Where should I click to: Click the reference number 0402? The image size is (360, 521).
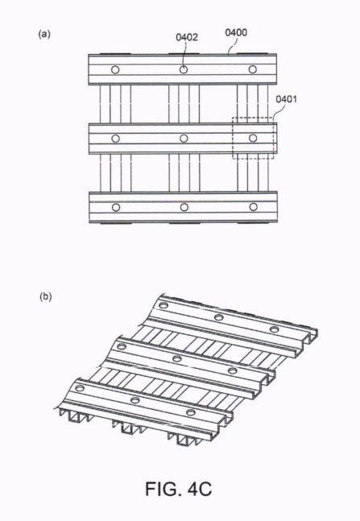[187, 37]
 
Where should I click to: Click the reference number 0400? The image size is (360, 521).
[236, 32]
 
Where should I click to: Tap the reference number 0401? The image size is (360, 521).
[286, 99]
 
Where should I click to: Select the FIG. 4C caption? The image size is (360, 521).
[179, 489]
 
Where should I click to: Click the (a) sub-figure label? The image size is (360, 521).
[44, 34]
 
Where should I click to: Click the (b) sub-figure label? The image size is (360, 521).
[46, 296]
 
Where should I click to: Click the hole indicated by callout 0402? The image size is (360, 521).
[184, 70]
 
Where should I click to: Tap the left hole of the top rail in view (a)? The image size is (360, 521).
[115, 70]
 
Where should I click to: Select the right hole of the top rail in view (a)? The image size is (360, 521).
[253, 69]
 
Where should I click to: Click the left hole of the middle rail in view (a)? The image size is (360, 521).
[115, 139]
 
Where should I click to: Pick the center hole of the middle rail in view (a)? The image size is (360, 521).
[184, 139]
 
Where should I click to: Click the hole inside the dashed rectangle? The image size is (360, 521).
[253, 138]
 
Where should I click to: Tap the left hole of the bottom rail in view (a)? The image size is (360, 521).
[116, 208]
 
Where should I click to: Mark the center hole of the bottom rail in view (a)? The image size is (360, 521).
[184, 207]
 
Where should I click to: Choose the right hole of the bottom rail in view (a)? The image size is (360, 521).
[254, 207]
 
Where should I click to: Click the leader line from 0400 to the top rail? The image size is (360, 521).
[234, 44]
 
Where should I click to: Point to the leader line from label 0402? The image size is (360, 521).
[184, 55]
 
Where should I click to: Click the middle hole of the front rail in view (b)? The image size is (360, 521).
[134, 400]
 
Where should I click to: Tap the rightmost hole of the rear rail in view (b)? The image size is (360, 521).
[275, 329]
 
